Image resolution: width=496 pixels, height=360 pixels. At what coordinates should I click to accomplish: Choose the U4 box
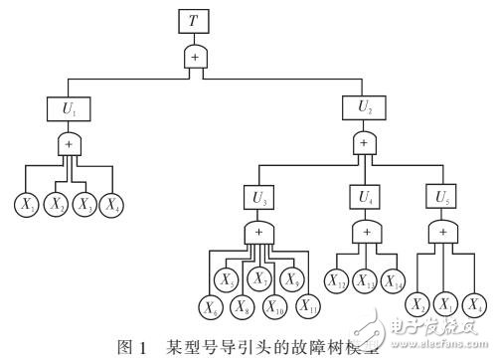[366, 198]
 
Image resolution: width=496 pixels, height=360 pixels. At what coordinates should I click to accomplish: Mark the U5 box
[442, 198]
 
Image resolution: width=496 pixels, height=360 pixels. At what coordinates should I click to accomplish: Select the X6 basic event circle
[209, 303]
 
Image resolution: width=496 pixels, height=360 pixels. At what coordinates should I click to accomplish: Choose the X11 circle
[308, 303]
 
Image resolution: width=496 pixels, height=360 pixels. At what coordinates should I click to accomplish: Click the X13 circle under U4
[366, 281]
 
